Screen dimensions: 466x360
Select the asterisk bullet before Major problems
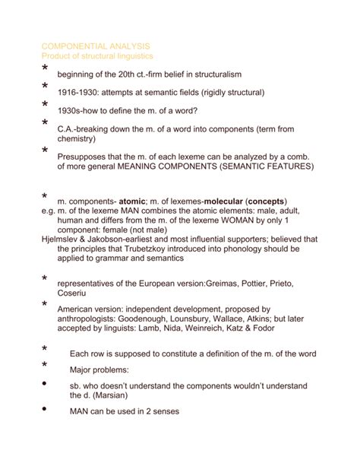point(44,368)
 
